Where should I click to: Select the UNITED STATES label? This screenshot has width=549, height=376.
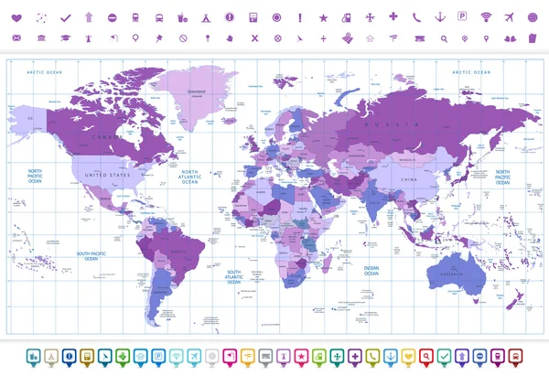point(109,174)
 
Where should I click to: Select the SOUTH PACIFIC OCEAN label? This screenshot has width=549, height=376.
point(86,257)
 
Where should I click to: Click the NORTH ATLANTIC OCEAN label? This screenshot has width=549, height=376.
point(189,177)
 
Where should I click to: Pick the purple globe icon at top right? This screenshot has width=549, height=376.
point(533,17)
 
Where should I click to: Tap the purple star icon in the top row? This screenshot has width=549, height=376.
point(323,17)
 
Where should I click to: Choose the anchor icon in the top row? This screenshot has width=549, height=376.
point(438,17)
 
